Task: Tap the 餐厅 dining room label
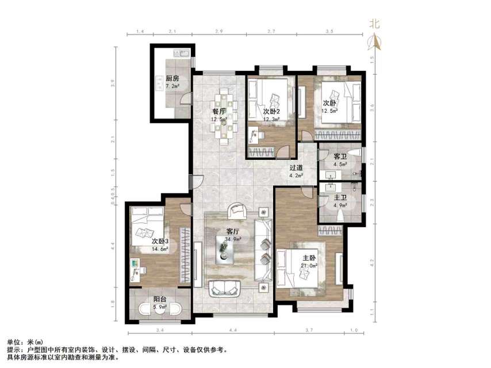click(x=218, y=112)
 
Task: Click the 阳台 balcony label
click(x=160, y=299)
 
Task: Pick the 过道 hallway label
click(x=297, y=168)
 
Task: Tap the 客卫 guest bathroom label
click(x=340, y=156)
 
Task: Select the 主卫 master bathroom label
click(x=340, y=198)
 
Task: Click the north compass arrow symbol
click(x=375, y=41)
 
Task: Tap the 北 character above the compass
click(x=375, y=24)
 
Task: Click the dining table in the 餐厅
click(x=223, y=116)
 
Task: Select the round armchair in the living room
click(x=236, y=210)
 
